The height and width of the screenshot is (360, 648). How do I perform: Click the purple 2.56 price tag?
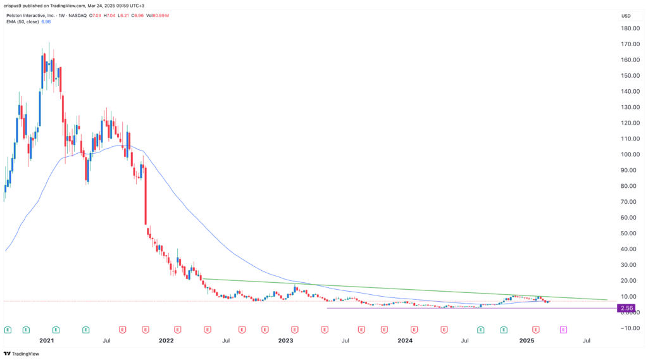click(x=627, y=308)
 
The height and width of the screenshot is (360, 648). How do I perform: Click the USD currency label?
click(x=626, y=16)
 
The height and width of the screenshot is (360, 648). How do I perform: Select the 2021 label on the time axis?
click(x=47, y=340)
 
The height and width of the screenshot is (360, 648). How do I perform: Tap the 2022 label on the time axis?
click(x=166, y=340)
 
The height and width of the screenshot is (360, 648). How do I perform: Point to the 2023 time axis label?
click(x=285, y=340)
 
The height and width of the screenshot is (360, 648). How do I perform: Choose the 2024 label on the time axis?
click(x=405, y=340)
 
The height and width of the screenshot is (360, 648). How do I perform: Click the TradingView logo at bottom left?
click(x=22, y=354)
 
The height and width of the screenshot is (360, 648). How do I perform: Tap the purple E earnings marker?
click(x=563, y=330)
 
